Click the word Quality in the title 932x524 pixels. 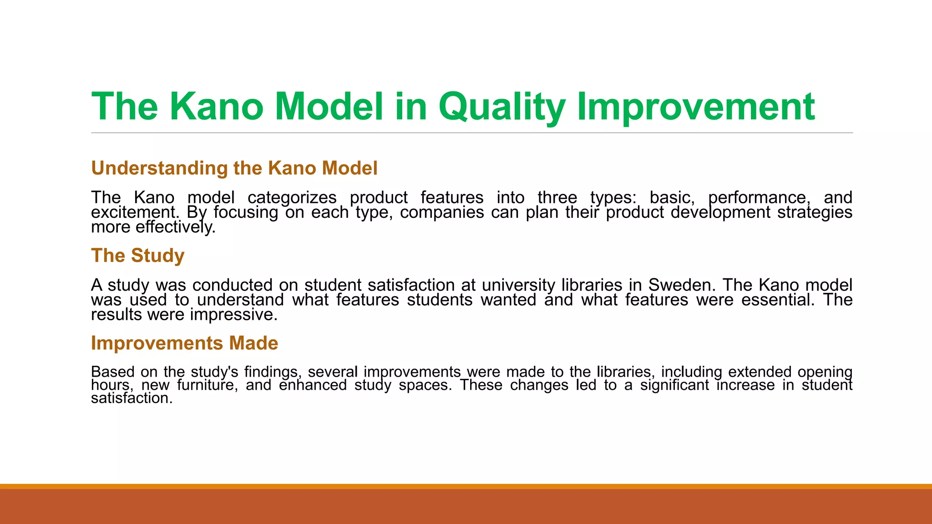[x=502, y=107]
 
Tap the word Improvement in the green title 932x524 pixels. [x=696, y=107]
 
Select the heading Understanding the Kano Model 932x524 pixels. [x=234, y=168]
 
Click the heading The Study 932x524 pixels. [x=138, y=256]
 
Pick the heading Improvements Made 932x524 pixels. [x=184, y=343]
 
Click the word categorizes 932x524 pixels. [x=292, y=197]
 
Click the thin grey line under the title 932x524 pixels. [x=471, y=133]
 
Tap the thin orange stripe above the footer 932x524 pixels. [x=466, y=486]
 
